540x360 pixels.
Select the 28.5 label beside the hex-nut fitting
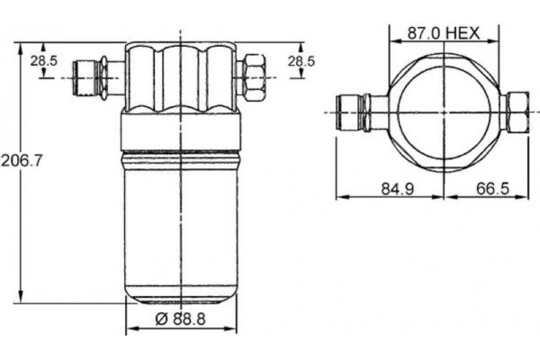pyautogui.click(x=301, y=60)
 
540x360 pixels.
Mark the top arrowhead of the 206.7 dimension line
pyautogui.click(x=22, y=46)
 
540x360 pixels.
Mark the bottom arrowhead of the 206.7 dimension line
pyautogui.click(x=22, y=304)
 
